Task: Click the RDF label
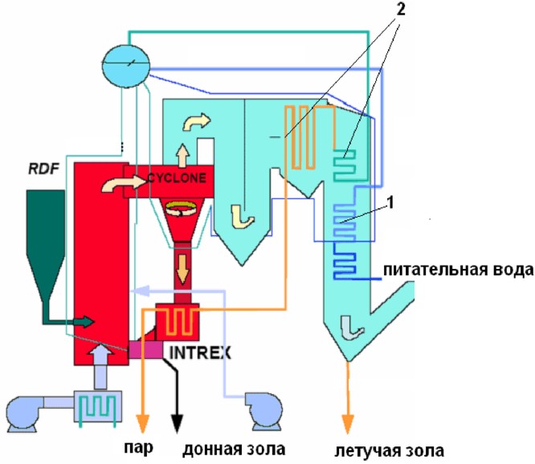pos(44,169)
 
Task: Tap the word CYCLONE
pos(177,178)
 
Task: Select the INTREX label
pos(200,352)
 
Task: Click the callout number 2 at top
pos(401,10)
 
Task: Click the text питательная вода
pos(458,270)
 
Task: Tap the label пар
pos(138,448)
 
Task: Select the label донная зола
pos(234,450)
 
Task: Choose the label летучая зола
pos(390,450)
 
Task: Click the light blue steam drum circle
pos(126,66)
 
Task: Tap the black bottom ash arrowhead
pos(177,423)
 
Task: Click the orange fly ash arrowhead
pos(348,424)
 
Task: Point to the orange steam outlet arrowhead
pos(143,423)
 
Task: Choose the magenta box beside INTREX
pos(145,350)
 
